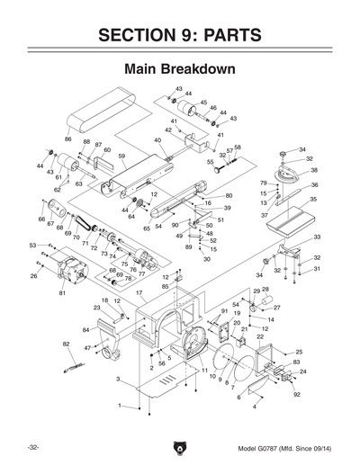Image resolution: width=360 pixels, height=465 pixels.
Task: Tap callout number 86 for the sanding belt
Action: pos(68,139)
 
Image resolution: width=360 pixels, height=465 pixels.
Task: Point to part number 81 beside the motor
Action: pos(62,293)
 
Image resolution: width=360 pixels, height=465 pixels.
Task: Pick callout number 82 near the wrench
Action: pos(66,344)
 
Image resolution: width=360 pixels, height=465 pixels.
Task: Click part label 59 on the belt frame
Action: pos(121,156)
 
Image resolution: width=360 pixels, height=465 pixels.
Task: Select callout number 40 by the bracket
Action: pos(157,140)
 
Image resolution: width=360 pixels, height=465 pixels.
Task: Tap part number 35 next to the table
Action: pos(314,200)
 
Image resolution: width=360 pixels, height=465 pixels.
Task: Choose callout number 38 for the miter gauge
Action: pos(314,170)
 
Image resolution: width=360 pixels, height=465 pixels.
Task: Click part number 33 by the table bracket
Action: pos(317,237)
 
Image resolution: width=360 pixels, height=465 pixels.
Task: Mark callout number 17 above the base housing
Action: pos(139,293)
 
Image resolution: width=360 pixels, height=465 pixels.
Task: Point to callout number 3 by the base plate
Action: pos(118,380)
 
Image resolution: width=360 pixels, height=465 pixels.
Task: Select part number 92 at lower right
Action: pos(296,394)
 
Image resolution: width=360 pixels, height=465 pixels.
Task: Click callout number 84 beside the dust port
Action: pos(85,330)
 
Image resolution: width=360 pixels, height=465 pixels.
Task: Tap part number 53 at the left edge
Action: pos(32,245)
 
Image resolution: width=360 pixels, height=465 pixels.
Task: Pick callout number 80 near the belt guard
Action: pos(229,195)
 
